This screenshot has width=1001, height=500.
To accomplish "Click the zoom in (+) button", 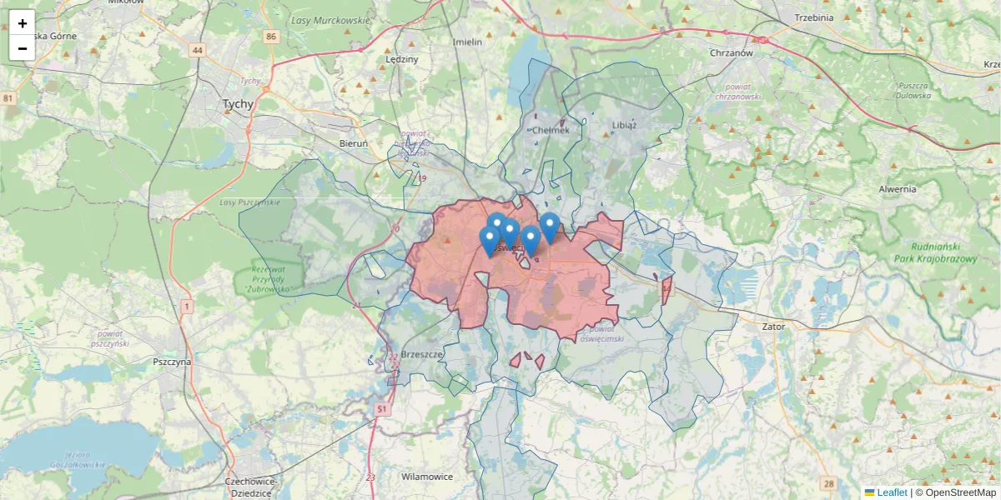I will (23, 23).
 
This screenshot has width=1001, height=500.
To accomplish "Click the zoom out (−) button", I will (23, 48).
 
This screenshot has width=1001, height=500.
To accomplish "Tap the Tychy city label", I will (238, 104).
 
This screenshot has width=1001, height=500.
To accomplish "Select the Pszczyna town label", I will (173, 362).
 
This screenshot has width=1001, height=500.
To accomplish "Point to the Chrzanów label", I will (731, 52).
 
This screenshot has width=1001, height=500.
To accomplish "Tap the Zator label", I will (773, 327).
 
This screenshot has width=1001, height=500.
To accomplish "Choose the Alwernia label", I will (898, 189).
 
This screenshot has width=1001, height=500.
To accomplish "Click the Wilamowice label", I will (427, 477).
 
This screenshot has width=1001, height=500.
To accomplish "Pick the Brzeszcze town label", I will (421, 353).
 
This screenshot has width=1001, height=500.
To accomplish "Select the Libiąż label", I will (624, 125).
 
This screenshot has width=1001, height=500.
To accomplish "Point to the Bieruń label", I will (354, 143).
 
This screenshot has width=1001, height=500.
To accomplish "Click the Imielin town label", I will (467, 42).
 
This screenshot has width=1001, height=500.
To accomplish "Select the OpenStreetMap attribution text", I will (955, 492).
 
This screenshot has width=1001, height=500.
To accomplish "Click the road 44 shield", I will (197, 50).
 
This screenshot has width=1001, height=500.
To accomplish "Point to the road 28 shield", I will (827, 483).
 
